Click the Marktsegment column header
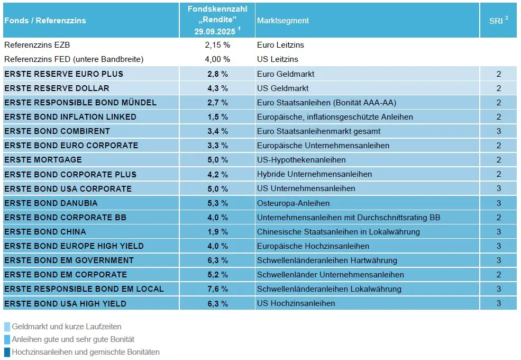click(283, 21)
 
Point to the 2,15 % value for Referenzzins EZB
click(217, 45)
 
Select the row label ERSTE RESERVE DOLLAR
click(57, 88)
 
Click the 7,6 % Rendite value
click(217, 289)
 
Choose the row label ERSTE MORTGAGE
click(43, 160)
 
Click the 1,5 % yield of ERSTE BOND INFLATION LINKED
click(217, 117)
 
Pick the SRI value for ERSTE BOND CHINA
click(498, 232)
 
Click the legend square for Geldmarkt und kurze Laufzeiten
click(7, 327)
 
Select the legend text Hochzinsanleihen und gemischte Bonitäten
click(86, 352)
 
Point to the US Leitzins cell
click(278, 59)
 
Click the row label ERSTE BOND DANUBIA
click(51, 203)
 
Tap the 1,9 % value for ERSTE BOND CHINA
click(217, 232)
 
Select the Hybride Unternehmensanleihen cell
click(314, 174)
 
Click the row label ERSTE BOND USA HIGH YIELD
click(65, 303)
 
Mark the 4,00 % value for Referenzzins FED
click(217, 59)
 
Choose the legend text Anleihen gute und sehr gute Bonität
click(73, 339)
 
